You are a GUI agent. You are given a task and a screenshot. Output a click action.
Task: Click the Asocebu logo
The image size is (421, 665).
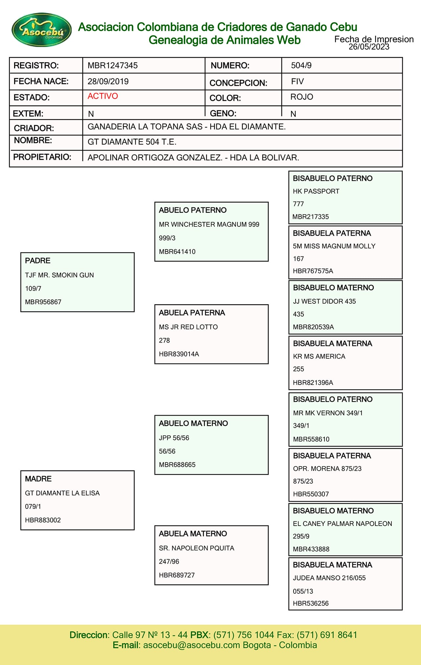(x=42, y=30)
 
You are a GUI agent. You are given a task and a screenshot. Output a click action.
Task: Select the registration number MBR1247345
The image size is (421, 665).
(x=112, y=65)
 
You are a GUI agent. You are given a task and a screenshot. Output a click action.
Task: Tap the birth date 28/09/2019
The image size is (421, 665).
(x=108, y=82)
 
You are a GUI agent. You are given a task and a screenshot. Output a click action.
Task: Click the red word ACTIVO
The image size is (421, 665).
(x=102, y=96)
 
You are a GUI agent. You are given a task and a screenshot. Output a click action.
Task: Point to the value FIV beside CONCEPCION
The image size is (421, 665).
(x=297, y=82)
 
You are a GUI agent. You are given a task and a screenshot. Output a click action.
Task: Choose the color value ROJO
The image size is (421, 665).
(x=301, y=97)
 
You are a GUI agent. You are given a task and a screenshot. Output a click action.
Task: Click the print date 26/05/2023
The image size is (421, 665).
(x=369, y=47)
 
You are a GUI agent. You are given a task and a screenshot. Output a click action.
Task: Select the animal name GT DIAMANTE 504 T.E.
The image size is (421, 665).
(x=132, y=142)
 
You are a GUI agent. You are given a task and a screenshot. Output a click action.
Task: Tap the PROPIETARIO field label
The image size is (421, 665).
(x=42, y=157)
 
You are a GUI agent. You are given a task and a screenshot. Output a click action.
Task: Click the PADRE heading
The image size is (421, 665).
(x=38, y=261)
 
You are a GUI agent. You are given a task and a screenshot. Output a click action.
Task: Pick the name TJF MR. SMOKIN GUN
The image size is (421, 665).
(x=59, y=275)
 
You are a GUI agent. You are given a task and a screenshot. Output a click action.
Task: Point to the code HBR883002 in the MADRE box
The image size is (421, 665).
(x=43, y=520)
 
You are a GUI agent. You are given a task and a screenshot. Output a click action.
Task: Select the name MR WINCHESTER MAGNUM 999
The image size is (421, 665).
(x=209, y=225)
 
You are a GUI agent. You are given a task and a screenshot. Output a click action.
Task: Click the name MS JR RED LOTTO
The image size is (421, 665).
(x=188, y=327)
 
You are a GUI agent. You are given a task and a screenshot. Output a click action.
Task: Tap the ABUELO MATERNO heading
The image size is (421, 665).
(x=193, y=423)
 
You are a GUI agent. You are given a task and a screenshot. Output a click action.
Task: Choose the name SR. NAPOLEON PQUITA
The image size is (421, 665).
(x=196, y=548)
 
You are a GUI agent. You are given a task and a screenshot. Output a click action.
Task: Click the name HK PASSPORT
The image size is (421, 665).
(x=316, y=191)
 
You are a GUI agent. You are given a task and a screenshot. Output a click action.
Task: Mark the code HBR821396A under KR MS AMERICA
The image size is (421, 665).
(x=313, y=383)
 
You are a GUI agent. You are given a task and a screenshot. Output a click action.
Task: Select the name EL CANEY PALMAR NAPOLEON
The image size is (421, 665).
(x=342, y=524)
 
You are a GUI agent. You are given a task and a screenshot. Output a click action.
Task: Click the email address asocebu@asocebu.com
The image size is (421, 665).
(x=191, y=645)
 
